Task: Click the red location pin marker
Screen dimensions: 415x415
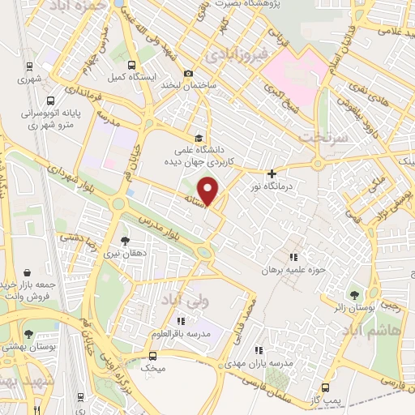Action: click(x=209, y=191)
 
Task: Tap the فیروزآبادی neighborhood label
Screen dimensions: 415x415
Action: click(x=232, y=55)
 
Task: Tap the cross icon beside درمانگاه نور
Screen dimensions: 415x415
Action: click(x=272, y=173)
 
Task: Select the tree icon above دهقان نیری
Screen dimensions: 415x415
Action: click(x=124, y=241)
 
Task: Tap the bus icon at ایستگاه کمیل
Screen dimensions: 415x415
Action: click(x=130, y=63)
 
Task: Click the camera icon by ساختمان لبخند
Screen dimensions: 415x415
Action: click(x=189, y=73)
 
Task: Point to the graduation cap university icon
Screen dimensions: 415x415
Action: click(x=198, y=137)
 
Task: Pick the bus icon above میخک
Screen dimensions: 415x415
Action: click(x=152, y=355)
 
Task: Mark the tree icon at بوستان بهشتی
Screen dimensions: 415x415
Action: click(x=29, y=332)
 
